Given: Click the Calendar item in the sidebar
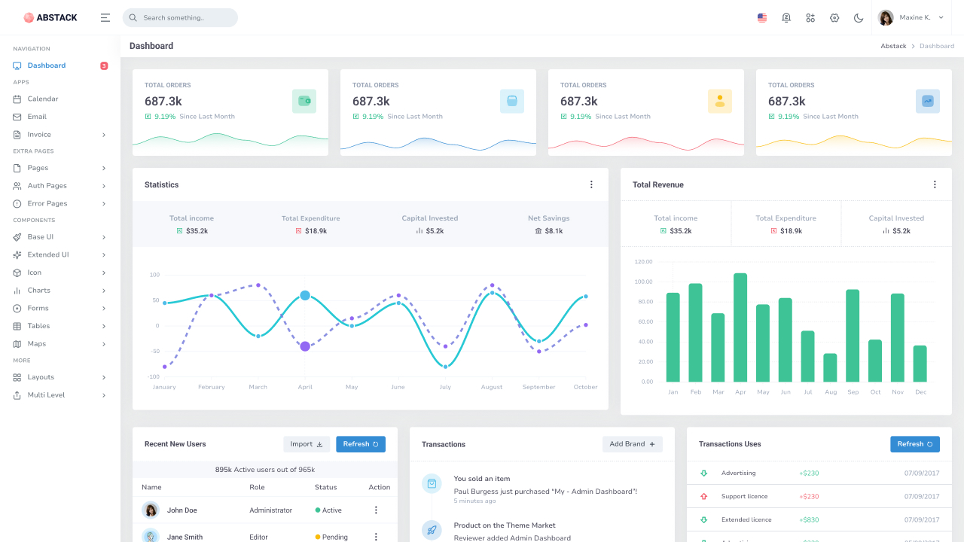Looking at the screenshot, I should click(x=43, y=99).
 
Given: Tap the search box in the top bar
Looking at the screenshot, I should click(x=181, y=17).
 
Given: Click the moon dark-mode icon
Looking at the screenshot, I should click(x=859, y=17).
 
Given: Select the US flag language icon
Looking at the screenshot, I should click(x=762, y=17).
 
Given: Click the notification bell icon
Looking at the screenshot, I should click(x=786, y=17).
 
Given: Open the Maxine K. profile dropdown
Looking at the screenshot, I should click(x=912, y=17).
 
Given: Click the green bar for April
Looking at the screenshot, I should click(x=740, y=327).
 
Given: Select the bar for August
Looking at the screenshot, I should click(x=830, y=367).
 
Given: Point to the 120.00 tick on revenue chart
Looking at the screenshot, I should click(x=643, y=262).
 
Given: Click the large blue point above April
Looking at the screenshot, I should click(x=305, y=296).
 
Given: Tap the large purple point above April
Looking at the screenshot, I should click(x=305, y=346).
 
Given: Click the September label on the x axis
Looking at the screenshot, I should click(x=538, y=387).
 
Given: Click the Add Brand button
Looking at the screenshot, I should click(x=632, y=444).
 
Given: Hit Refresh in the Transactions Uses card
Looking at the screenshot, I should click(x=914, y=444).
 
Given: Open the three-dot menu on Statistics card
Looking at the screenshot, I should click(x=591, y=184).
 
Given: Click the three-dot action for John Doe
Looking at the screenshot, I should click(x=376, y=510).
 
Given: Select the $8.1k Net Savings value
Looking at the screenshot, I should click(x=554, y=231).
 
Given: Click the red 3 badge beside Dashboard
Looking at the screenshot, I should click(x=104, y=65).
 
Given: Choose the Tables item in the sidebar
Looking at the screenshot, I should click(x=38, y=326).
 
